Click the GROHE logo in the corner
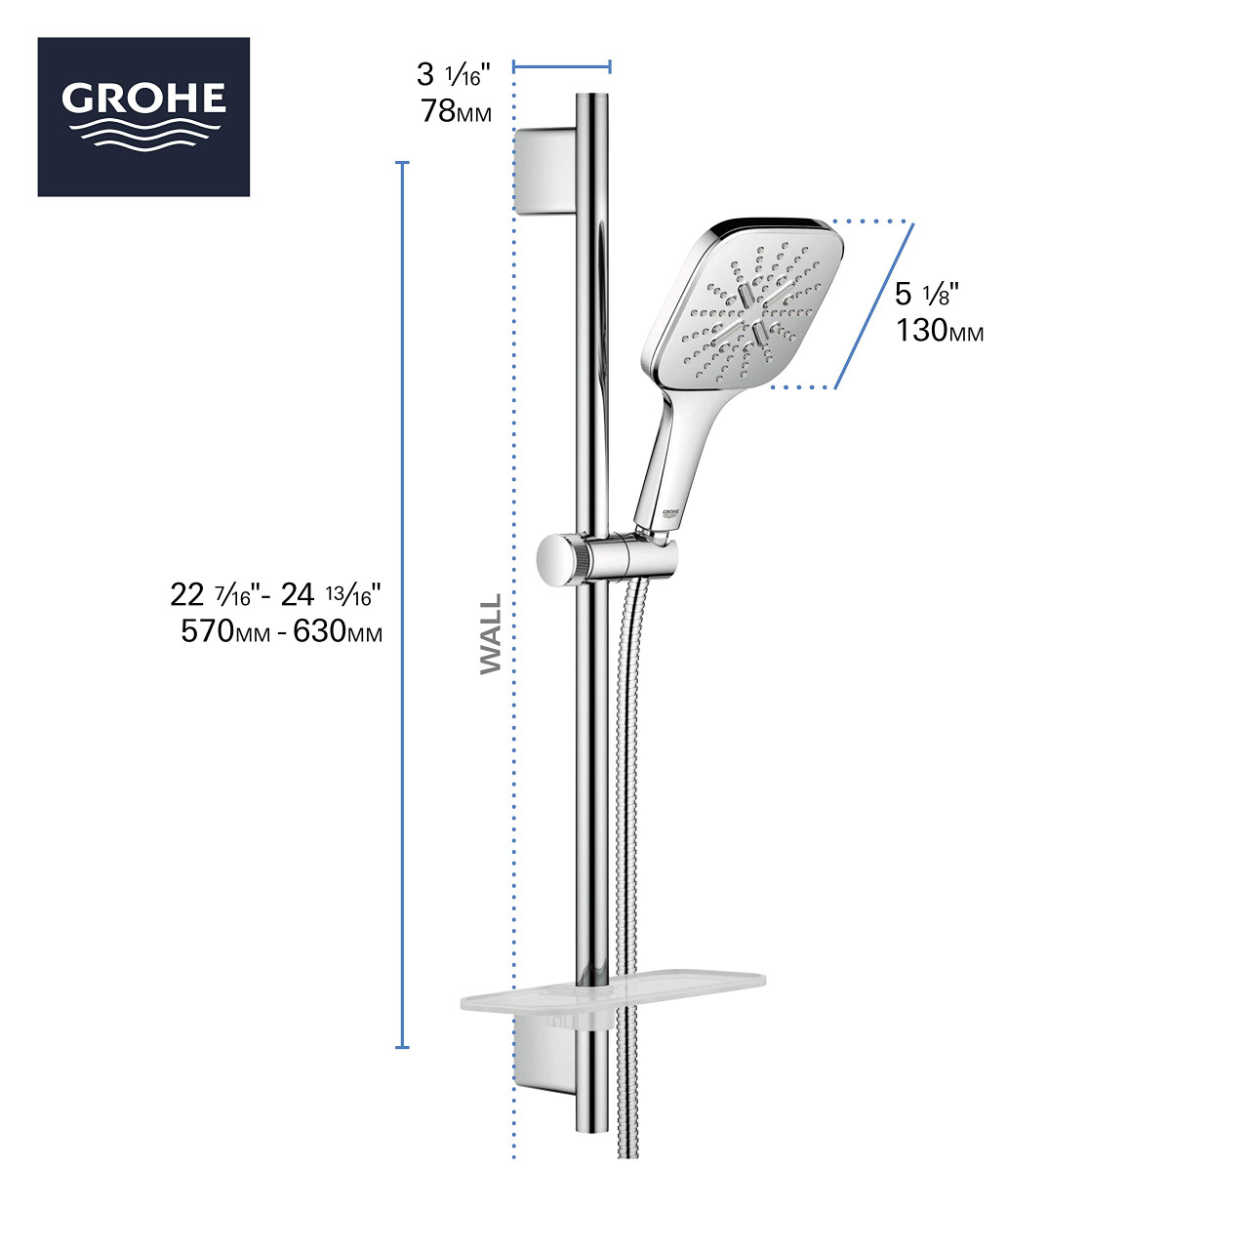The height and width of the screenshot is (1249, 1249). pyautogui.click(x=143, y=117)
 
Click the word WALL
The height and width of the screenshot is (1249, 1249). pyautogui.click(x=491, y=634)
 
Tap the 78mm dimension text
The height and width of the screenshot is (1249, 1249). pyautogui.click(x=456, y=111)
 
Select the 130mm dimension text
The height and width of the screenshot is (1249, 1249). pyautogui.click(x=940, y=331)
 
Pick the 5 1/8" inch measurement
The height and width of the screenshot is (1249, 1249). pyautogui.click(x=927, y=294)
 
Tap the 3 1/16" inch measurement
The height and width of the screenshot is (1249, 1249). pyautogui.click(x=454, y=74)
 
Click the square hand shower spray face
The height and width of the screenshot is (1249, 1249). pyautogui.click(x=746, y=302)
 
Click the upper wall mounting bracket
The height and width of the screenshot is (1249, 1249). pyautogui.click(x=544, y=170)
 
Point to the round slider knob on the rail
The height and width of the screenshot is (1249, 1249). pyautogui.click(x=556, y=559)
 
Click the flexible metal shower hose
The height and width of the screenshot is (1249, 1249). pyautogui.click(x=628, y=829)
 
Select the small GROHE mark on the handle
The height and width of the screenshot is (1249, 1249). pyautogui.click(x=670, y=511)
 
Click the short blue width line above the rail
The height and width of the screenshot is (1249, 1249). pyautogui.click(x=562, y=66)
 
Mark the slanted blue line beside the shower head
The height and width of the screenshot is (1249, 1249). pyautogui.click(x=874, y=305)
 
